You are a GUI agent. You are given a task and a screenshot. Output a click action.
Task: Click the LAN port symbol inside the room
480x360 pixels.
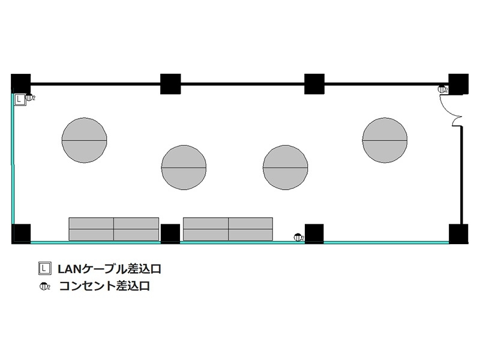[x=20, y=100]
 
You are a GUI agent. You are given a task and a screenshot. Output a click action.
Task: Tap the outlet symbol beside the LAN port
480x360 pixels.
[x=30, y=97]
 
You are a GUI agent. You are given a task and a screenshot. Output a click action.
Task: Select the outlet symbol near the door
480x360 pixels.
[x=442, y=89]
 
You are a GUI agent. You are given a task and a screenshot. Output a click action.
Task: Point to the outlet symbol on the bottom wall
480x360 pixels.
[x=298, y=237]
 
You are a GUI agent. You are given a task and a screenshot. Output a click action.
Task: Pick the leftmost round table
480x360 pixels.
[x=84, y=140]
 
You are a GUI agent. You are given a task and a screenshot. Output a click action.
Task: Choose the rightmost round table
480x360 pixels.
[x=385, y=140]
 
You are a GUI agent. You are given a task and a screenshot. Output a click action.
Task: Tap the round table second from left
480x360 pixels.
[x=184, y=167]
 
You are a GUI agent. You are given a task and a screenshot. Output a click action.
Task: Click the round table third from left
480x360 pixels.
[x=286, y=167]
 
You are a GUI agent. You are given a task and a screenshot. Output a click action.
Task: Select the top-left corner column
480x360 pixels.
[x=21, y=83]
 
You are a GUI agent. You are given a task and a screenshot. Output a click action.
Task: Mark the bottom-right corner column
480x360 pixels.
[x=458, y=234]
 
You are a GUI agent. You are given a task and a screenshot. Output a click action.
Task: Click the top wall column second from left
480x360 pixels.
[x=170, y=84]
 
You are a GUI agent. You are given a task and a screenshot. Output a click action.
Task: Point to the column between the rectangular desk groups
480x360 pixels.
[x=170, y=234]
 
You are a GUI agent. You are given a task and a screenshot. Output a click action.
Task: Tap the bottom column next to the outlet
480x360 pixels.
[x=314, y=234]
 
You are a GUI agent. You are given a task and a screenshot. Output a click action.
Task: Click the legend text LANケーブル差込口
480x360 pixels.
[x=109, y=269]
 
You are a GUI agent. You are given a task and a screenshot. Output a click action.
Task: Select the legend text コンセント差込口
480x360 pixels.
[x=104, y=286]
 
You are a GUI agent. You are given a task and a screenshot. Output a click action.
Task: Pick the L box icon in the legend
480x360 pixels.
[x=44, y=268]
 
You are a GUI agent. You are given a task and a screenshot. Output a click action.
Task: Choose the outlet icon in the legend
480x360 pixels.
[x=44, y=287]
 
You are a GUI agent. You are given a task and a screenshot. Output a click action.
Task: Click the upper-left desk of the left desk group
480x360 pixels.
[x=91, y=223]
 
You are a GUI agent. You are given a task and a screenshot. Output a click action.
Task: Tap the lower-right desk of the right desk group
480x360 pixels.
[x=250, y=235]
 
